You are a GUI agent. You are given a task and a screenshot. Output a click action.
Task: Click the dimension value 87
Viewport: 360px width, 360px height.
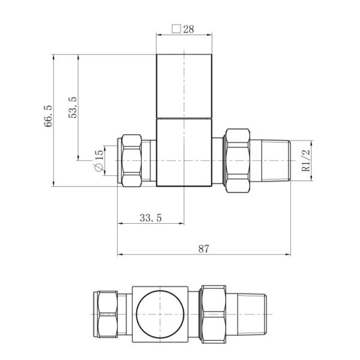[203, 248]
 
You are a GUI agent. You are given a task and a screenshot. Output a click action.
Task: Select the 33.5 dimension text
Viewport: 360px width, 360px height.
[151, 218]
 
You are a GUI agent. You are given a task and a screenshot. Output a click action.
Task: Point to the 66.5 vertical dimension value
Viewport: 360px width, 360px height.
[48, 116]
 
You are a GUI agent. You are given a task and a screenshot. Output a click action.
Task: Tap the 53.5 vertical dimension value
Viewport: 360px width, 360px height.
[73, 107]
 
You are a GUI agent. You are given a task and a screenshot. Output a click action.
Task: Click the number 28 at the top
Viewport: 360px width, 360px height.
[188, 29]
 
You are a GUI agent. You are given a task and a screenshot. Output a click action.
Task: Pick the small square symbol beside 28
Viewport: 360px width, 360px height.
[176, 29]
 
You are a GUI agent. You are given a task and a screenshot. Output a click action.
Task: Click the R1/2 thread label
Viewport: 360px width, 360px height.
[306, 160]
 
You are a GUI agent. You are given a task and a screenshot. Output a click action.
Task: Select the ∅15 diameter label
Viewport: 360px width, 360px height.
[99, 160]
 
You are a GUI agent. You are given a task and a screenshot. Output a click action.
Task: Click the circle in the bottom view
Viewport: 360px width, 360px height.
[160, 314]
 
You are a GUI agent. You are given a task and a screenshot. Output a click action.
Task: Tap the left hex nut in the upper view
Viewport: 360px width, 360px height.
[131, 160]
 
